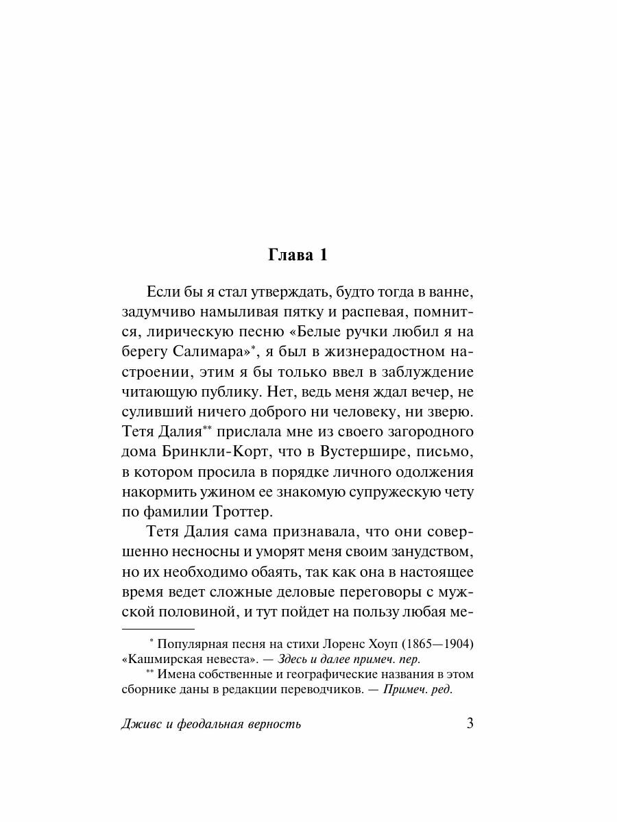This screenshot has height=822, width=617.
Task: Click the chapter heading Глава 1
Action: point(297,256)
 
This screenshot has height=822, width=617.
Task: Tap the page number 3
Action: point(470,723)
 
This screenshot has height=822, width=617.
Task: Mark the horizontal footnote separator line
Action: point(158,628)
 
